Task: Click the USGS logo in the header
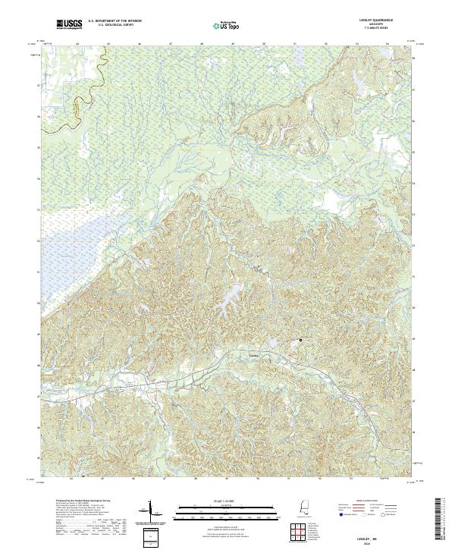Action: click(69, 25)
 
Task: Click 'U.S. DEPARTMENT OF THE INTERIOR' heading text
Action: click(116, 22)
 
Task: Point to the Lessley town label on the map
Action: click(255, 353)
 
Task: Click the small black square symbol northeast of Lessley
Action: click(300, 340)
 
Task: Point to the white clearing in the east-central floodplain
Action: click(331, 200)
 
